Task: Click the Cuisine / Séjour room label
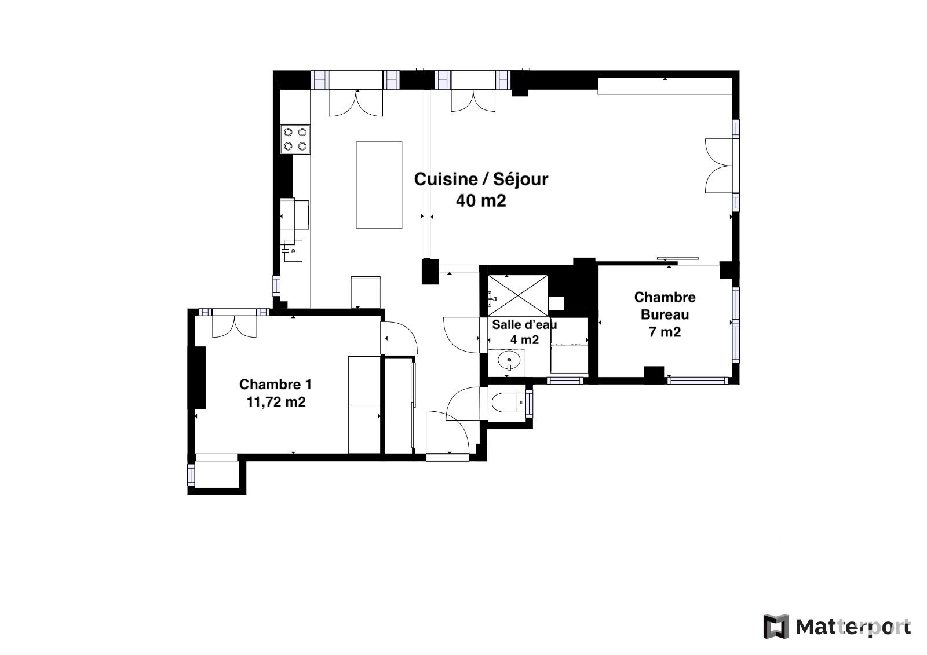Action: click(481, 180)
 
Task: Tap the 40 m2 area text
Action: click(481, 201)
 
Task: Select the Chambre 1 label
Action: click(275, 385)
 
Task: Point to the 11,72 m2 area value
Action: click(276, 402)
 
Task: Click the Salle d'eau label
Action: click(524, 325)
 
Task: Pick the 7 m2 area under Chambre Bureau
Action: click(665, 332)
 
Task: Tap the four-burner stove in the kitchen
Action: click(295, 139)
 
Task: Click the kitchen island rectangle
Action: click(379, 185)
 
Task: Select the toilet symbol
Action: click(508, 402)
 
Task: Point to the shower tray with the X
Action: click(518, 296)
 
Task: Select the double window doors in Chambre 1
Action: click(234, 327)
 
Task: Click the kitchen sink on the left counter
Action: click(293, 251)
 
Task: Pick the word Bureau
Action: click(665, 314)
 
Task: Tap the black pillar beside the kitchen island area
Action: click(430, 272)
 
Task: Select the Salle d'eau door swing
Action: click(461, 335)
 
